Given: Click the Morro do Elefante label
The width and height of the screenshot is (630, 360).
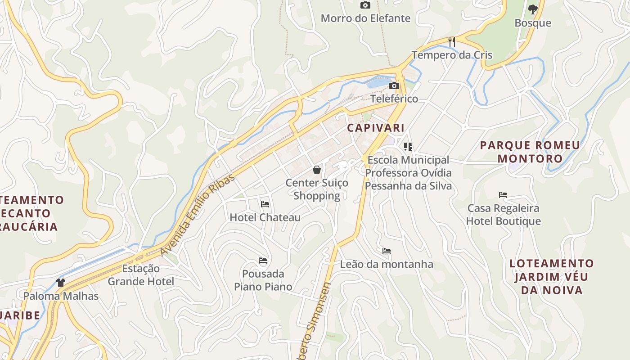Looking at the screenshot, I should pos(365,18).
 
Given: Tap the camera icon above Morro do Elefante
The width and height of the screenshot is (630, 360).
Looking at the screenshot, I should pos(365,5).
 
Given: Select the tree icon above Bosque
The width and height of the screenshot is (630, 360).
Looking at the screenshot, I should pos(532,9).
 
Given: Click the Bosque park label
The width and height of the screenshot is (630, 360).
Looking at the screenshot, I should pos(533,23).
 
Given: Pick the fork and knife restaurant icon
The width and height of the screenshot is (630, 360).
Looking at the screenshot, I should pos(452,42).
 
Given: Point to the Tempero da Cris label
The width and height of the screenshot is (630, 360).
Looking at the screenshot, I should pos(452,55).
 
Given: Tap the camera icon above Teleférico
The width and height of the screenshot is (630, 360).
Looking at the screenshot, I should pos(394,85).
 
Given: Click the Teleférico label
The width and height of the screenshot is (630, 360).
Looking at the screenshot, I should pos(394,99).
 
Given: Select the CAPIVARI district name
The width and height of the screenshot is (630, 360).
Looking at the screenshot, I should pos(376,128).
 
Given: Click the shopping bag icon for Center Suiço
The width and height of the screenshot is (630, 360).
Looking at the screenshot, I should pos(317,170).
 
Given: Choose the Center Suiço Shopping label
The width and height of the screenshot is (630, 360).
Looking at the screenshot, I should pos(317,189).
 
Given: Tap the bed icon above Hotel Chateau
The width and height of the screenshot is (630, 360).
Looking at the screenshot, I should pos(265,204).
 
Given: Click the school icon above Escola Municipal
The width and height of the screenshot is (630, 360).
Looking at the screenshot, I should pos(408,147).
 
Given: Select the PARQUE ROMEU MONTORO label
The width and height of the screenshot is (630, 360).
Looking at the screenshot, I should pos(530,152).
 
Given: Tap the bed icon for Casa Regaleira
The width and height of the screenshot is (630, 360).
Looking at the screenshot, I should pos(503,195).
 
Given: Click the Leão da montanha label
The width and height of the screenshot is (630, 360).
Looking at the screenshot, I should pos(387,264).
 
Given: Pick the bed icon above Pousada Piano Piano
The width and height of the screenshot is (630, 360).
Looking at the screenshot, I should pos(263,261).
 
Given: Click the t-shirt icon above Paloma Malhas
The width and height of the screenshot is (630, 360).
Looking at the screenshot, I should pos(61,283).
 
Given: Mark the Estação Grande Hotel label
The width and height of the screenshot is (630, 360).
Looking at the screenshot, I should pos(141,275).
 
